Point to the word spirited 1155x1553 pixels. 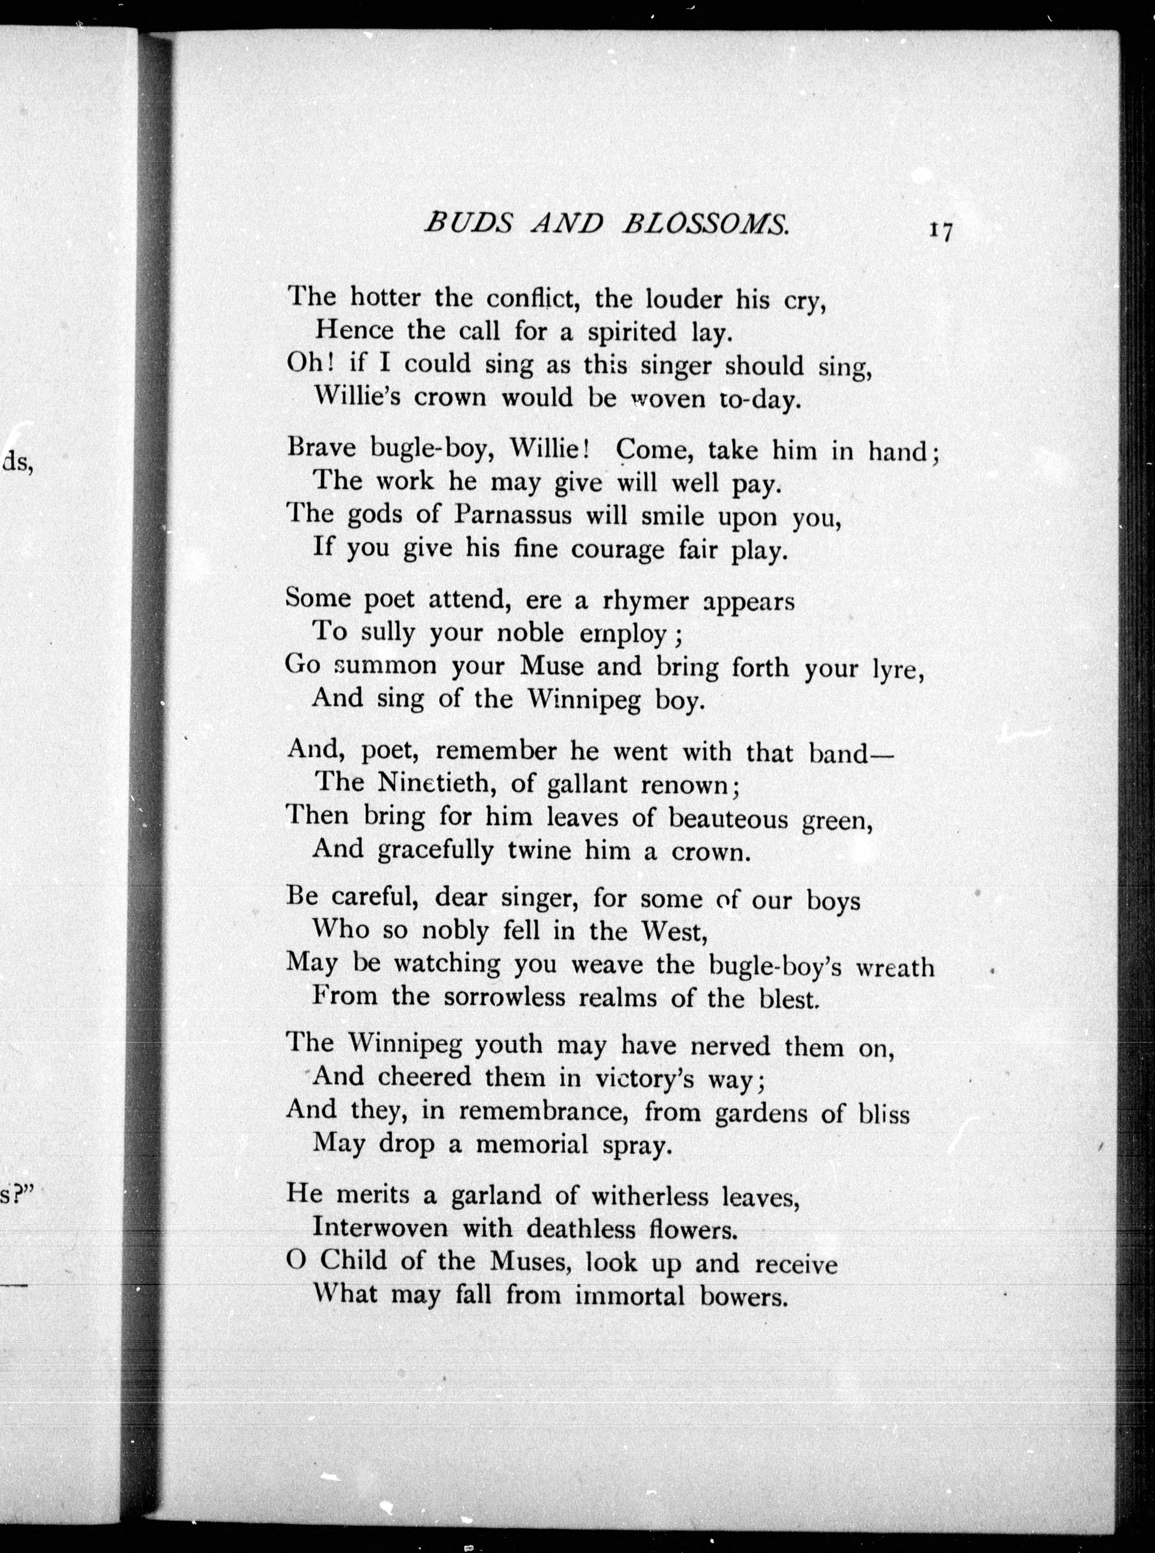[x=632, y=332]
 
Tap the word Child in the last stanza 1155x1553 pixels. [x=353, y=1261]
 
